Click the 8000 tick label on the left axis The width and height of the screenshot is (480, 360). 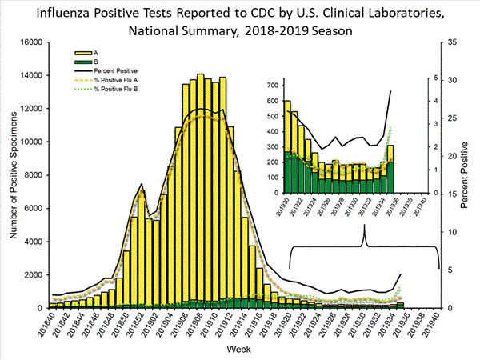tap(31, 174)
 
